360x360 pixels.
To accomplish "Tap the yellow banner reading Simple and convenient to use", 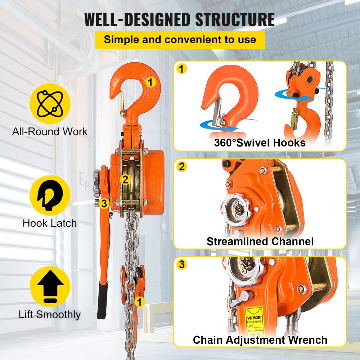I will [x=180, y=39].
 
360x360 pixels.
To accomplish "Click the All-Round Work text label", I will [x=50, y=131].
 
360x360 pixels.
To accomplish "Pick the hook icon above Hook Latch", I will [x=50, y=195].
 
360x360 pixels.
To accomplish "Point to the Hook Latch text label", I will [x=50, y=223].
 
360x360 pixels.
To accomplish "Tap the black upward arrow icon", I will [x=50, y=286].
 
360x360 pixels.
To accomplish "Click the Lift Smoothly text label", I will [x=50, y=315].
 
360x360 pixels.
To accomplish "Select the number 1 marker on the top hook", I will [x=151, y=82].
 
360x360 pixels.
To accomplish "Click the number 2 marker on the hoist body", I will [x=125, y=179].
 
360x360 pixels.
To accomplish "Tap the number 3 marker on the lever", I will [x=104, y=204].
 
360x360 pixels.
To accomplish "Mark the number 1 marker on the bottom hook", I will [x=139, y=300].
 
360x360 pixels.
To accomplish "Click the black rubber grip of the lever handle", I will [x=102, y=300].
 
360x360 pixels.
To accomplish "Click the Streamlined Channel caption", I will [x=260, y=241].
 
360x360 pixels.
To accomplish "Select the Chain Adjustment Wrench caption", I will [x=260, y=340].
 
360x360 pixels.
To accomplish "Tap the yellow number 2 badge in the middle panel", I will [x=183, y=166].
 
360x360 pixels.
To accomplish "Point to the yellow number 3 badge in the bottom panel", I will [x=183, y=265].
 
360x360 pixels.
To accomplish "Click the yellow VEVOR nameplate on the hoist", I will [x=254, y=317].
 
